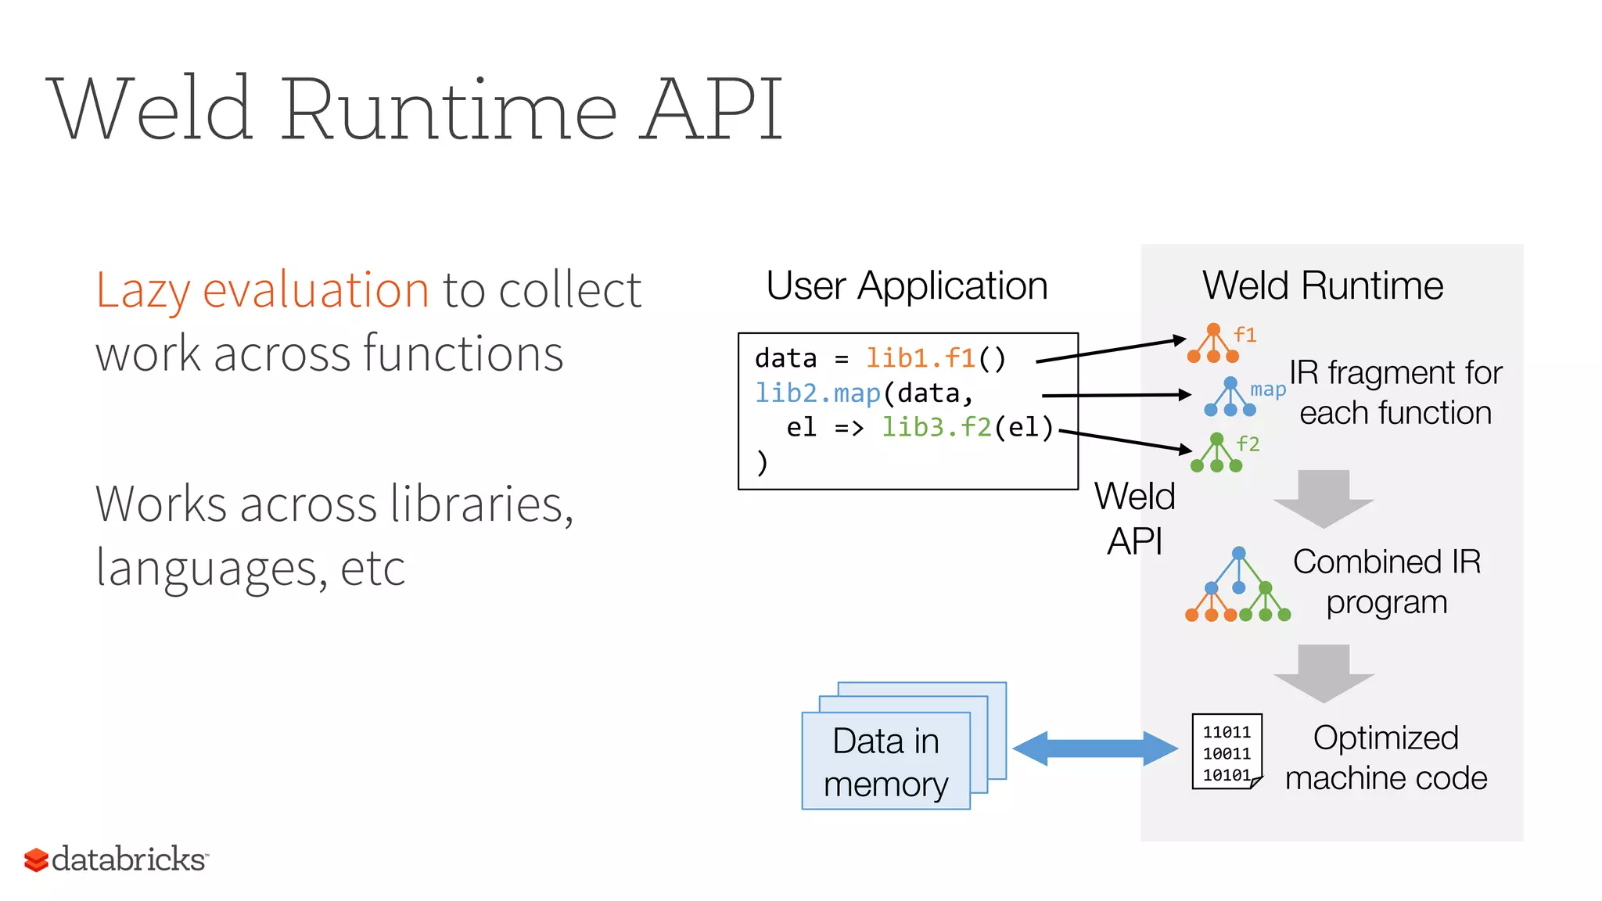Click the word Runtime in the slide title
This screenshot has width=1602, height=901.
[450, 109]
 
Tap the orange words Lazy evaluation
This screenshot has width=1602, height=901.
[262, 290]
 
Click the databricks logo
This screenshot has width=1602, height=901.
[116, 859]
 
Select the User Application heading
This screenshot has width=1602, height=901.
[907, 285]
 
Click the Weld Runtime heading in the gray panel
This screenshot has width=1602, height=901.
[1322, 285]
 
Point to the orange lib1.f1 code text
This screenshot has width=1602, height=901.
[920, 359]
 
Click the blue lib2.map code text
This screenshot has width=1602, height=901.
[817, 393]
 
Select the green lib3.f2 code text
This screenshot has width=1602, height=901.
[936, 428]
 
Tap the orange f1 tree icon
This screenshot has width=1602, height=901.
[1213, 344]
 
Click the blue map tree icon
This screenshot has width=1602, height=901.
[1230, 397]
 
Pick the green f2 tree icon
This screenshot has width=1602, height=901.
[1216, 454]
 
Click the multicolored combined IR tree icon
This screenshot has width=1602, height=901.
[1237, 587]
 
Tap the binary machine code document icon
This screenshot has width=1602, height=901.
[1227, 752]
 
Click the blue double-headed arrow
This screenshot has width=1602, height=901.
[1094, 748]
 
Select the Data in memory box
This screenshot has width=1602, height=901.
[885, 761]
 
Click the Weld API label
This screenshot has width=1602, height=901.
[1134, 519]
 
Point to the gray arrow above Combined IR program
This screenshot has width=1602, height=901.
[1323, 498]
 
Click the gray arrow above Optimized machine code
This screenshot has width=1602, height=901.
[1323, 673]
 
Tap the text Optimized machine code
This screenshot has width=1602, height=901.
[1385, 758]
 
